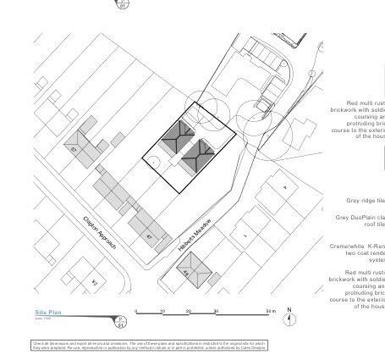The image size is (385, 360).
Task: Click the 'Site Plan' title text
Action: tap(47, 313)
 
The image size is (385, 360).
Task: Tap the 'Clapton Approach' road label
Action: tap(99, 230)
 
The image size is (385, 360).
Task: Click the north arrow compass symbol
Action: tap(289, 320)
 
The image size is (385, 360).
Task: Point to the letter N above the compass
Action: tap(289, 310)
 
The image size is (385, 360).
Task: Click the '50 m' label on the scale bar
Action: tap(269, 311)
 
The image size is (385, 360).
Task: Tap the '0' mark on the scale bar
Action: tap(136, 311)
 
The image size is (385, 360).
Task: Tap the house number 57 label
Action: tap(74, 149)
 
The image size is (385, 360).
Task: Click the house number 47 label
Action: tap(149, 236)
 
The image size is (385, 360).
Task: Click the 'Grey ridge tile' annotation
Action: tap(365, 201)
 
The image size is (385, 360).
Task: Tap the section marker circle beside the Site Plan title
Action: tap(120, 322)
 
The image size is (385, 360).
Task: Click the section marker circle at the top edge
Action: tap(123, 3)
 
